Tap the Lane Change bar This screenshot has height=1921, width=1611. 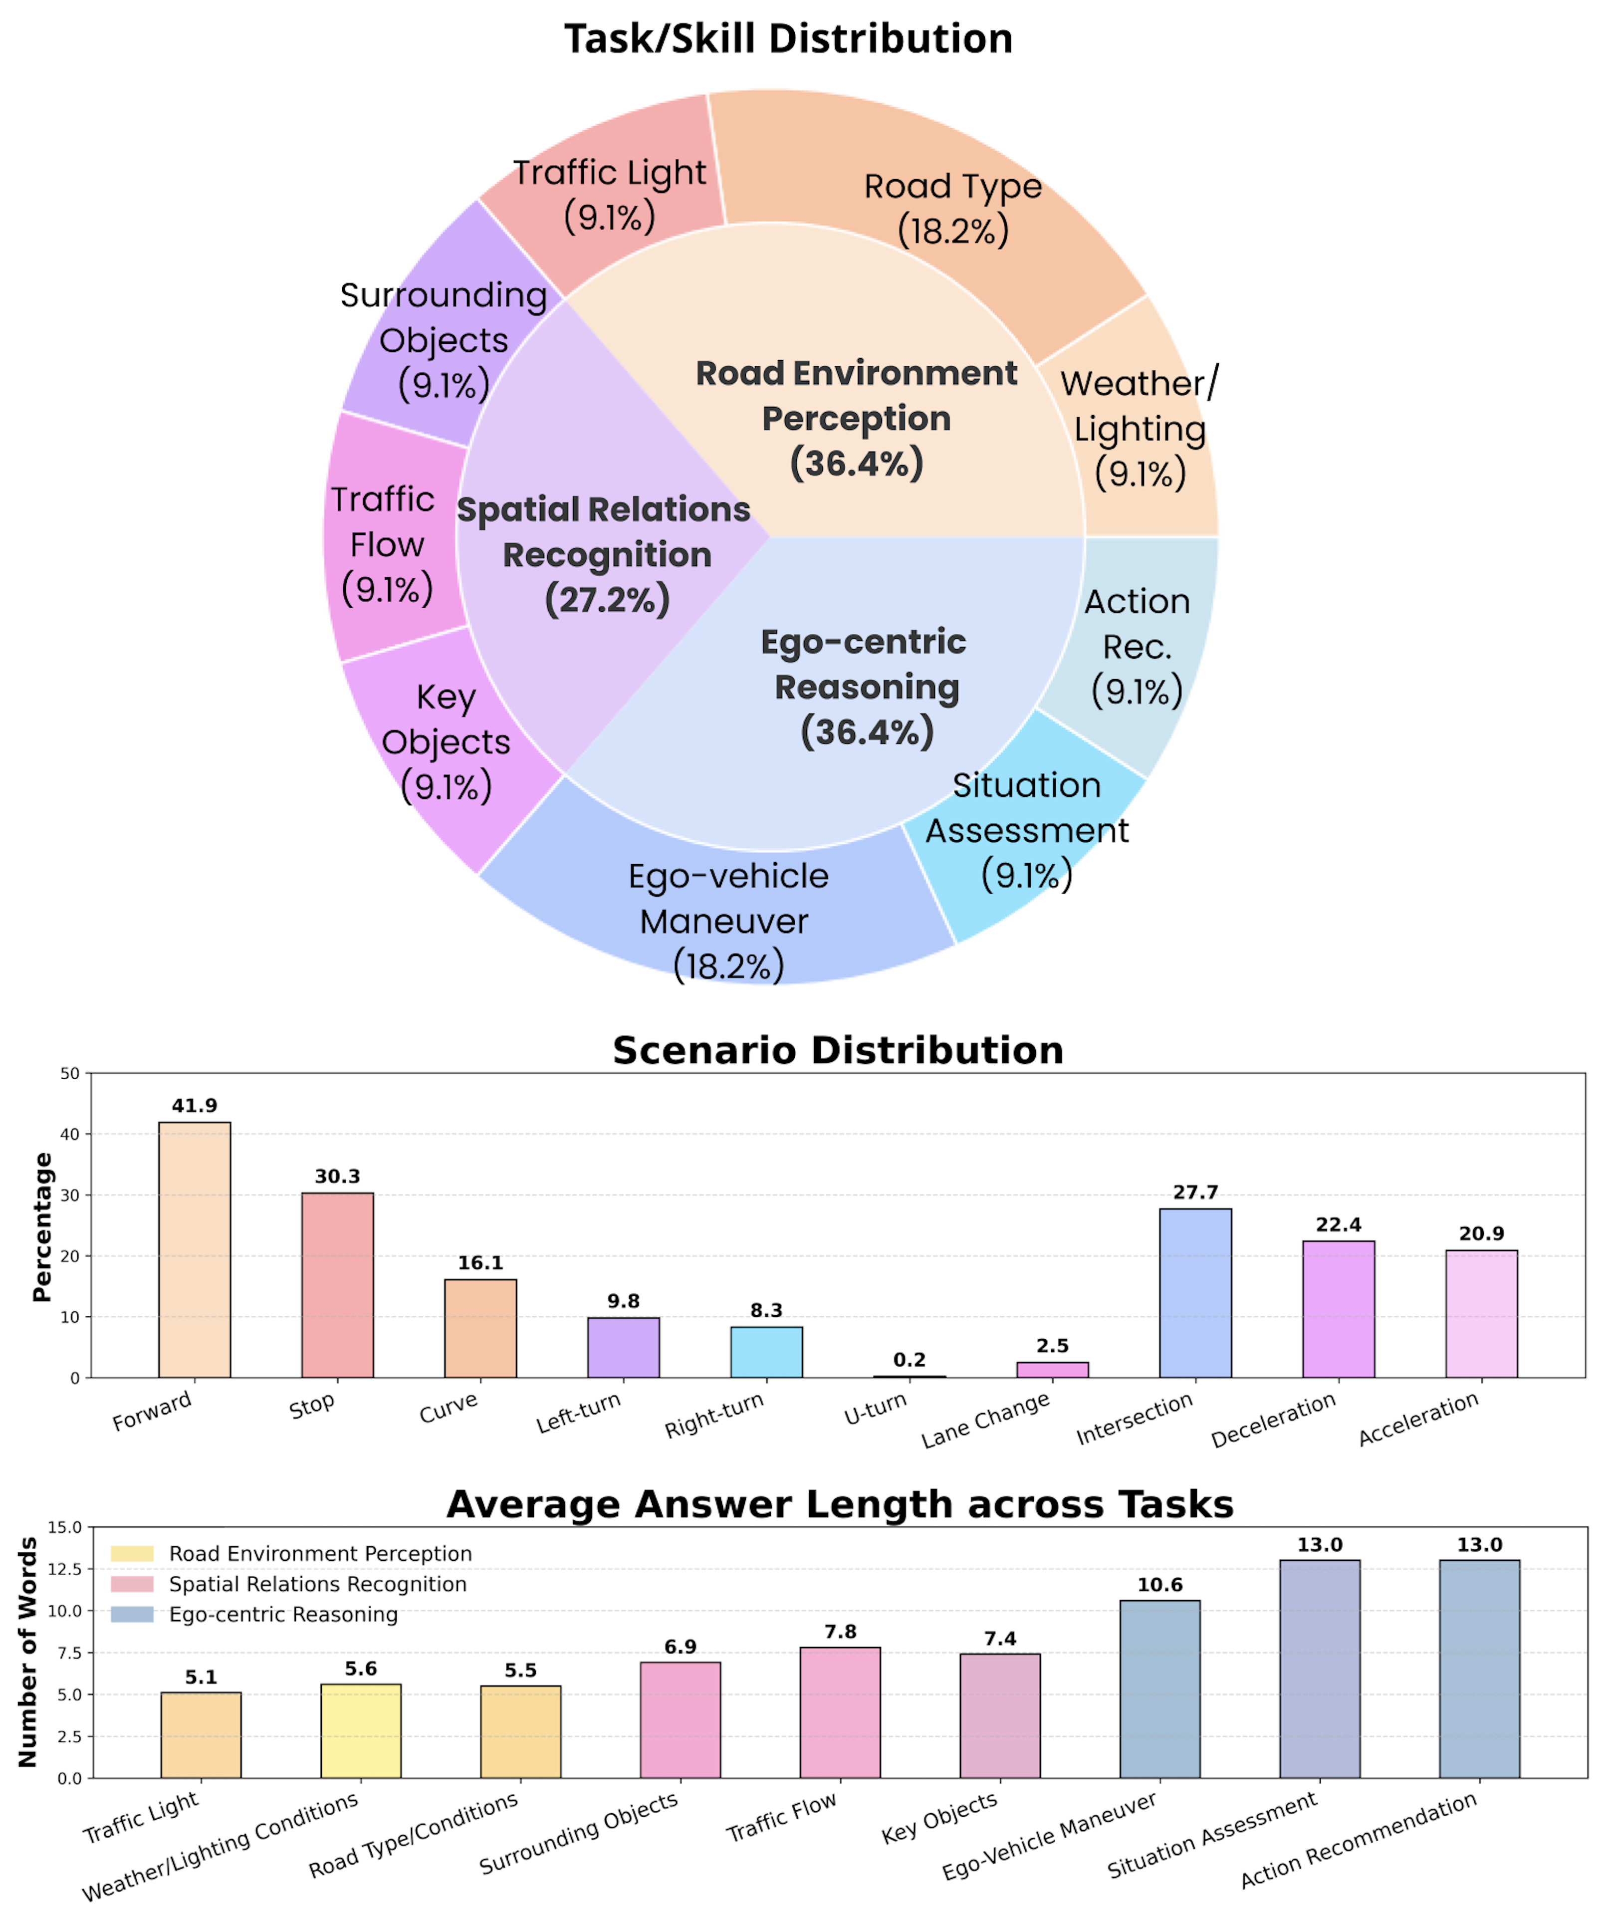[1052, 1369]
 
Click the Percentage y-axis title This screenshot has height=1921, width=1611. [41, 1226]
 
